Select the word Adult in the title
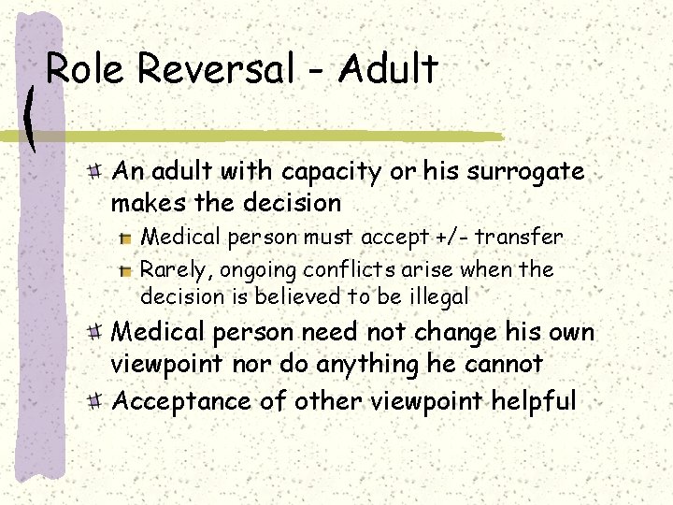(x=389, y=70)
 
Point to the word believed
(x=296, y=297)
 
